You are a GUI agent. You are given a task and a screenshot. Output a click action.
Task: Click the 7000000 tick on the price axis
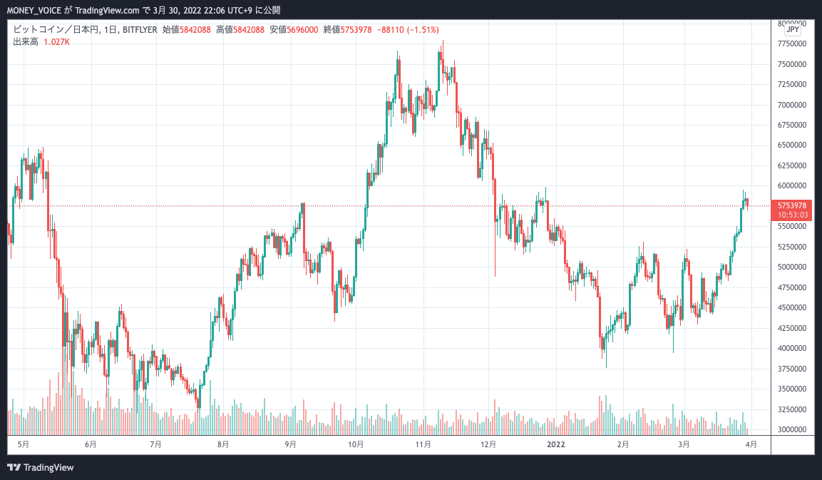coord(793,105)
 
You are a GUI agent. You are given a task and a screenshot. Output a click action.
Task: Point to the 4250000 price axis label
coord(793,328)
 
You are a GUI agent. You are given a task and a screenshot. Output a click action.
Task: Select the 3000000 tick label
coord(793,429)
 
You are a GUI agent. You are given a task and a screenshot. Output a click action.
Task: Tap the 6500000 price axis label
coord(793,145)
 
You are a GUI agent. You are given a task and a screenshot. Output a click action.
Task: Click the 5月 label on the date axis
coord(23,444)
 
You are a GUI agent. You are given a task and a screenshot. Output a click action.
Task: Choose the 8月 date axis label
coord(223,444)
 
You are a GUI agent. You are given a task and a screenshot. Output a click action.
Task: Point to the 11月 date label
coord(423,444)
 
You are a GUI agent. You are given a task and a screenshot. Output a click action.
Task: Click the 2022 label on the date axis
coord(556,444)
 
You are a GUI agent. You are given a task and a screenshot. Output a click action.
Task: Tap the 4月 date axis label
coord(751,444)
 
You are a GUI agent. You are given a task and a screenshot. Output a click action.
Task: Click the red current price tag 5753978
coord(793,205)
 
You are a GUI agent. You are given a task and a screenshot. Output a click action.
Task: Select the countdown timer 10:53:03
coord(793,214)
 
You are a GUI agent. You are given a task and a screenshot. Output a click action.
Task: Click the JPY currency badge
coord(792,30)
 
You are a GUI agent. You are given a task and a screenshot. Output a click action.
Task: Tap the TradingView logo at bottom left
coord(41,468)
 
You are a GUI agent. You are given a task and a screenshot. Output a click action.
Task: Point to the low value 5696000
coord(298,30)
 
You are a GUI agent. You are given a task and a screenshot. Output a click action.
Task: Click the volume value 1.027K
coord(57,42)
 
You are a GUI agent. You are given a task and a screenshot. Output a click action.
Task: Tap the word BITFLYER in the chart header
coord(140,30)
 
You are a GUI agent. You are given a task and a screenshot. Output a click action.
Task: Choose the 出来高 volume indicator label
coord(26,42)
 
